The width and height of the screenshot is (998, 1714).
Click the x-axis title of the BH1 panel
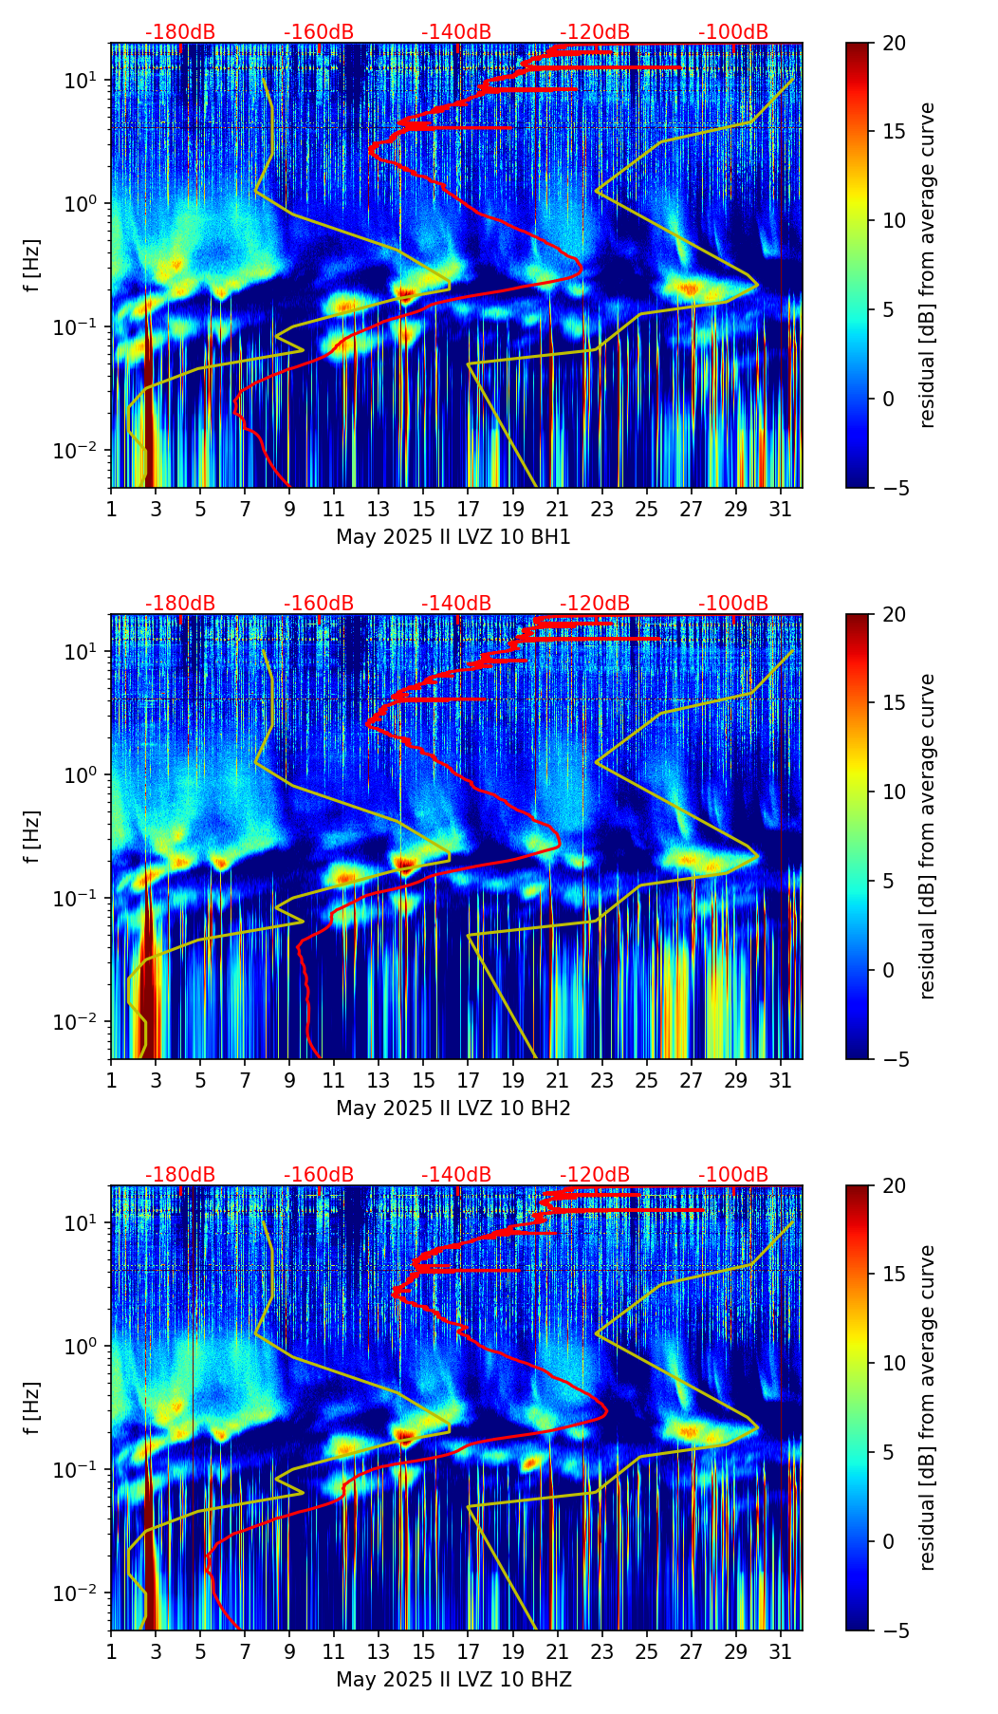453,537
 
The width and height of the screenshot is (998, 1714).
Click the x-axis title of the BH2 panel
453,1109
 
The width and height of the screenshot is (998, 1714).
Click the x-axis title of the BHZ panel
453,1680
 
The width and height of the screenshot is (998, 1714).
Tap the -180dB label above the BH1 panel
180,32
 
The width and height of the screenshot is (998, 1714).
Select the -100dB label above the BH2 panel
733,604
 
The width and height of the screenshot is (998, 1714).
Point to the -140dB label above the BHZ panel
456,1175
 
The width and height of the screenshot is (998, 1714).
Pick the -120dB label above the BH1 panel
595,32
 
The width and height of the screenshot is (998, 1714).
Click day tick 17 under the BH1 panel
469,509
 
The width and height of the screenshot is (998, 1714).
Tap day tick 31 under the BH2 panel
781,1080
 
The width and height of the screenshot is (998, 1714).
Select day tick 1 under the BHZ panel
111,1651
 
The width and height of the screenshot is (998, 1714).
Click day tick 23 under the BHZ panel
602,1651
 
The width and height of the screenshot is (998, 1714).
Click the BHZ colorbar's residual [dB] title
928,1407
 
